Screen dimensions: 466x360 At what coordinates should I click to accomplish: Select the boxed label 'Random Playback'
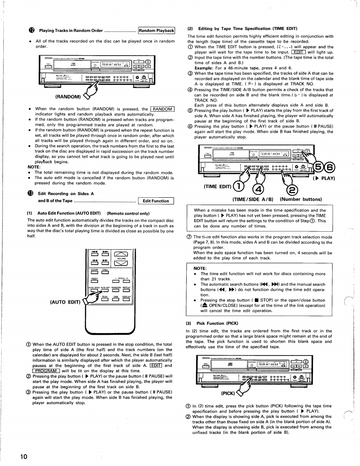coord(156,30)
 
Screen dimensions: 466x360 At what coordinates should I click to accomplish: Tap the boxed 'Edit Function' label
coord(155,201)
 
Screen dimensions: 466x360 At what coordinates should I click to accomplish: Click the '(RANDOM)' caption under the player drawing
coord(68,108)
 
